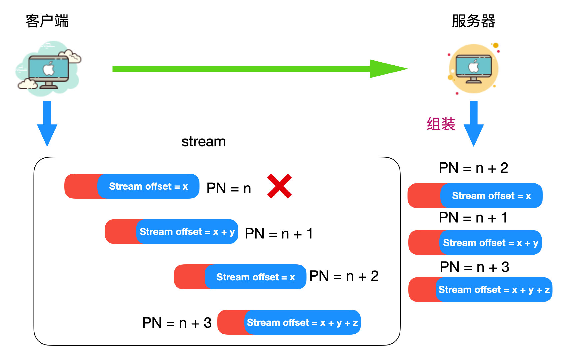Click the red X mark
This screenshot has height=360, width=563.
[x=280, y=186]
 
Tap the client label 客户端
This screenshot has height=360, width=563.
[x=47, y=21]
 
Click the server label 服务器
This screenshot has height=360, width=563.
[x=473, y=21]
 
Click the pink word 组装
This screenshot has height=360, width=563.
[x=441, y=124]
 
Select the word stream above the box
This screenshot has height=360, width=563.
[x=203, y=142]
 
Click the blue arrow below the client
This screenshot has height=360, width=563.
[x=47, y=123]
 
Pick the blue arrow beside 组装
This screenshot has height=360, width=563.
[x=473, y=123]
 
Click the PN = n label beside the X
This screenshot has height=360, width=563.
[x=229, y=188]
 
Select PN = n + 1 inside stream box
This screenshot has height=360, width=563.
[x=279, y=234]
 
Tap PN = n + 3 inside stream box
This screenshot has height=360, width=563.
[x=177, y=323]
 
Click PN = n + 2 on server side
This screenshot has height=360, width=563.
[x=473, y=168]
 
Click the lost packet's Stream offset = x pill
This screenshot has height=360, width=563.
[x=148, y=186]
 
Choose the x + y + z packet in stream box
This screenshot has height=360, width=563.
[x=302, y=322]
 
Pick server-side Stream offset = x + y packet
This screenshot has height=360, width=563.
[x=490, y=243]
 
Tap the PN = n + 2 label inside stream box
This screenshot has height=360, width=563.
[x=344, y=276]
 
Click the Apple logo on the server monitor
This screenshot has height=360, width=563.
[x=474, y=67]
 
